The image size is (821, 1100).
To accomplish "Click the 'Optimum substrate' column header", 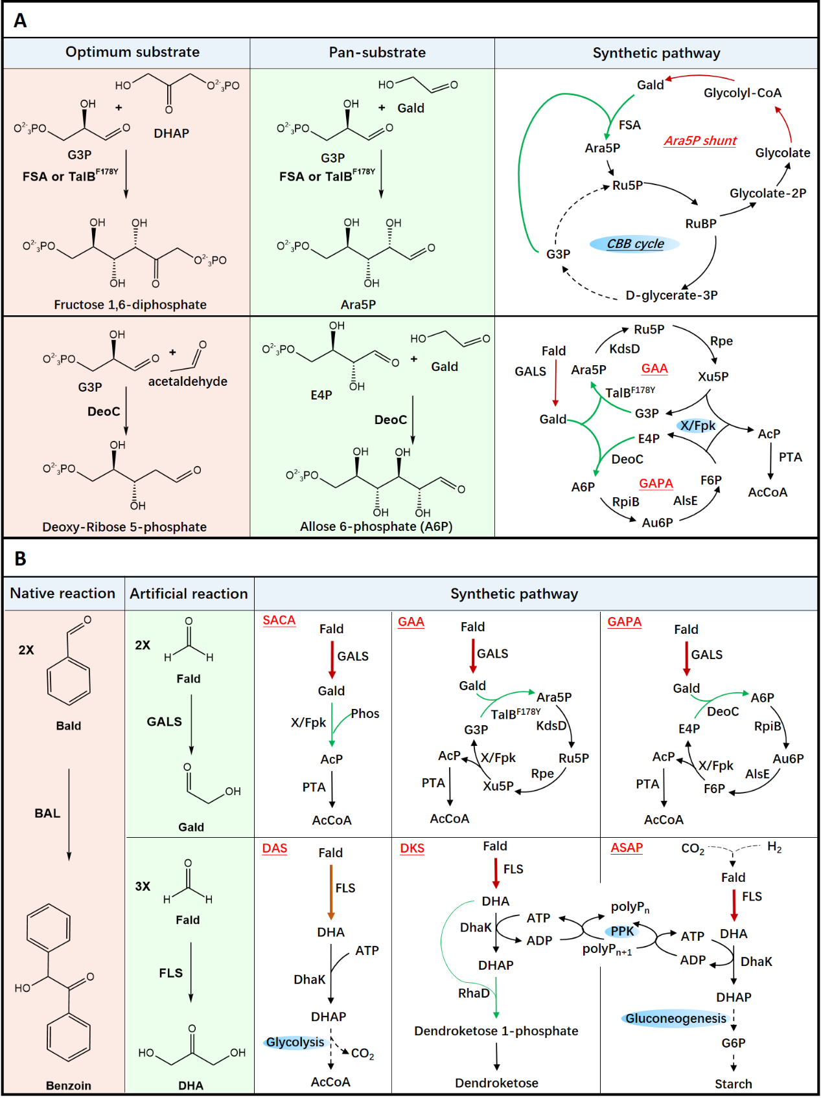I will tap(132, 52).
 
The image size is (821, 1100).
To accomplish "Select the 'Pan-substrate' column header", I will tap(377, 53).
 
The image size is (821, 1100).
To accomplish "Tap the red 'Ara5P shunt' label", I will tap(700, 141).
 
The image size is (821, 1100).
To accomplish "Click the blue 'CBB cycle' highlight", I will tap(635, 244).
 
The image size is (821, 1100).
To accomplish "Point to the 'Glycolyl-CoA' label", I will tap(743, 93).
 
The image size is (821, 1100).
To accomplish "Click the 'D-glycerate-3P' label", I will tap(671, 296).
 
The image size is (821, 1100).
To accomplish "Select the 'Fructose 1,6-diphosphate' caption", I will tap(130, 305).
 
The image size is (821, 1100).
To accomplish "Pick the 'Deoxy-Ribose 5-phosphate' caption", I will tap(124, 527).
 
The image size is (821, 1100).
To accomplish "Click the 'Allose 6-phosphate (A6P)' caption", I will tap(376, 526).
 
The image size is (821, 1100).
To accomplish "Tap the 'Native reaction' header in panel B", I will tap(63, 594).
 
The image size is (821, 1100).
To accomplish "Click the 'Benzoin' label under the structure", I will tap(69, 1086).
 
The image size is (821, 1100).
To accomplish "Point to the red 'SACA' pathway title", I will tap(279, 620).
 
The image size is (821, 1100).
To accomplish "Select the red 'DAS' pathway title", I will tap(275, 849).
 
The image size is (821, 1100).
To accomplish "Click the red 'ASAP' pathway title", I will tap(627, 848).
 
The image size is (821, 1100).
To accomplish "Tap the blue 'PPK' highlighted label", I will tap(622, 931).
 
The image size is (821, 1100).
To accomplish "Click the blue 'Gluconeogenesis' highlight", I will tap(675, 1018).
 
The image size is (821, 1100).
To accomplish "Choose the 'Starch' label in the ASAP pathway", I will tap(734, 1084).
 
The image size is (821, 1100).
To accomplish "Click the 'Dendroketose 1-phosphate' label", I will tap(496, 1031).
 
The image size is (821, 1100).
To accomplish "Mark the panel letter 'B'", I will tap(21, 559).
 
